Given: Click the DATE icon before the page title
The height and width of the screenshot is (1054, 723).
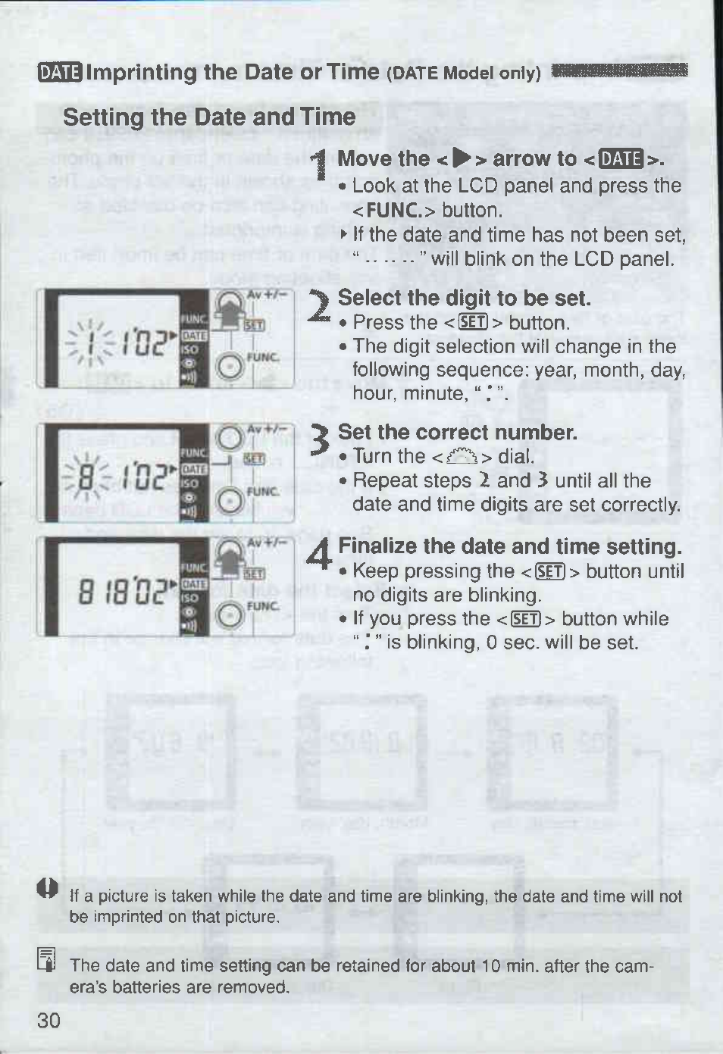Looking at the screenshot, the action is point(60,73).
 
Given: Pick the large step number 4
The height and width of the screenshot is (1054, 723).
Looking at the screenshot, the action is point(320,555).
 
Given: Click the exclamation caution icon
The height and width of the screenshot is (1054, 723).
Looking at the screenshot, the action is point(48,889).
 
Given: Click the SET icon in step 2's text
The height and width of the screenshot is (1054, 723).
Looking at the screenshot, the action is point(473,323).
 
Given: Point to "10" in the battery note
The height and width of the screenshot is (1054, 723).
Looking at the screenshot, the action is point(490,966).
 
